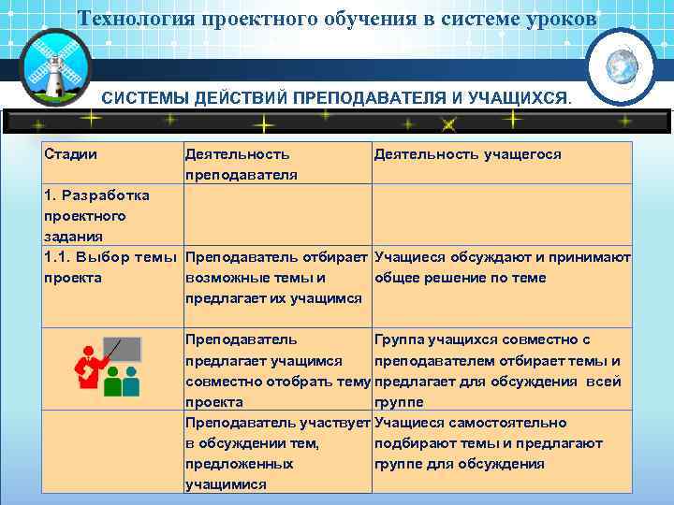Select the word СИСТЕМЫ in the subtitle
(x=145, y=97)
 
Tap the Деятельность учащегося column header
(x=467, y=153)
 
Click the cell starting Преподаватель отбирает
(x=277, y=277)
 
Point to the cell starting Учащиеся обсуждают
(x=502, y=267)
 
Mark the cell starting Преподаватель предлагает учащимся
(x=277, y=370)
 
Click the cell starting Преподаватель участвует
(x=277, y=454)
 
